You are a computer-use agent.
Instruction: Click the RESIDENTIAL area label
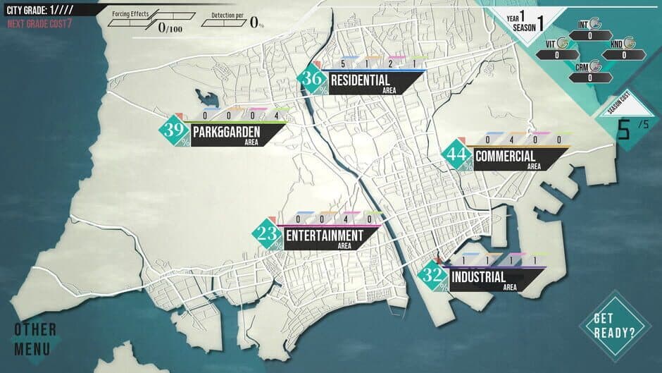pos(360,81)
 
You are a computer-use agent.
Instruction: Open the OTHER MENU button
pos(35,339)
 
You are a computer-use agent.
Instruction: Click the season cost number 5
pos(623,129)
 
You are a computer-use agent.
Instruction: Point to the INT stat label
pos(582,25)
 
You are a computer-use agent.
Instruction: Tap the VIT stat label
pos(551,44)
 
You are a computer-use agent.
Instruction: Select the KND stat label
pos(617,44)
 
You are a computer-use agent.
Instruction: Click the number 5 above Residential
pos(342,64)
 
